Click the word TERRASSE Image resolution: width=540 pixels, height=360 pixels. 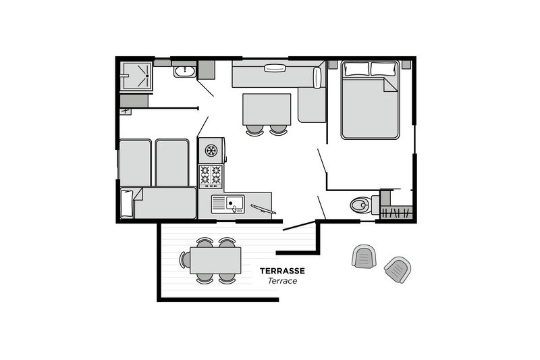click(282, 271)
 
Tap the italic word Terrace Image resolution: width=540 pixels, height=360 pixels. click(282, 281)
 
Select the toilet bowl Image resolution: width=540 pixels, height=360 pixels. click(360, 205)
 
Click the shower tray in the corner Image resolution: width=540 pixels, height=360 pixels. click(136, 76)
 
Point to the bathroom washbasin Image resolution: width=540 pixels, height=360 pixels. click(184, 72)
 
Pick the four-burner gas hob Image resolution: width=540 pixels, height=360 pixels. click(211, 176)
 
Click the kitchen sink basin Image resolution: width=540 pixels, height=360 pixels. click(234, 203)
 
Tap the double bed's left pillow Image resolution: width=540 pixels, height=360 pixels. click(357, 68)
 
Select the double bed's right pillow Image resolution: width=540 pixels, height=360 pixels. click(383, 68)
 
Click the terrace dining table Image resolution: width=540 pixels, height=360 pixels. click(215, 261)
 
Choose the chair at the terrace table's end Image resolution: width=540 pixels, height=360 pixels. click(185, 259)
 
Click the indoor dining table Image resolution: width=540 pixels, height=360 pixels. click(267, 109)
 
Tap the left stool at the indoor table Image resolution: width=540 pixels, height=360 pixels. click(255, 130)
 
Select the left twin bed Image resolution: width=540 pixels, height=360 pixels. click(135, 162)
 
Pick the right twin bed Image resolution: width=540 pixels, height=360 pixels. click(172, 162)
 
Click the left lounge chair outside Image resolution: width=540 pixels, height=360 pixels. click(364, 256)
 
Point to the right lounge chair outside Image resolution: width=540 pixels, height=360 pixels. click(398, 269)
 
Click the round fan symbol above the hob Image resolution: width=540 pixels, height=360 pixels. click(211, 150)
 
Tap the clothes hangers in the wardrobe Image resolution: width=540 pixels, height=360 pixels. click(396, 213)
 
